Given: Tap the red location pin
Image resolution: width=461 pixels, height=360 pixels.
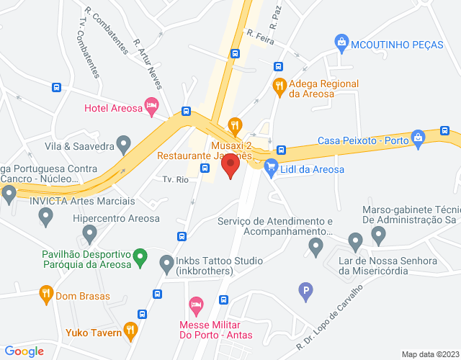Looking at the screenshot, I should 231,167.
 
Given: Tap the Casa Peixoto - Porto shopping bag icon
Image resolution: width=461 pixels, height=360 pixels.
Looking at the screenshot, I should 417,138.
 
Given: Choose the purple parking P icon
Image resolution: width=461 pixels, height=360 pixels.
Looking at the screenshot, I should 306,292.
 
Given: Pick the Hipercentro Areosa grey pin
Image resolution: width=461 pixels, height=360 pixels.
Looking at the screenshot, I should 89,233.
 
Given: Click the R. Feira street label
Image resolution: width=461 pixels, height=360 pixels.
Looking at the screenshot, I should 260,37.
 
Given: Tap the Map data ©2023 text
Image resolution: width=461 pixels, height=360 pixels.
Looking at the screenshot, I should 429,354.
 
